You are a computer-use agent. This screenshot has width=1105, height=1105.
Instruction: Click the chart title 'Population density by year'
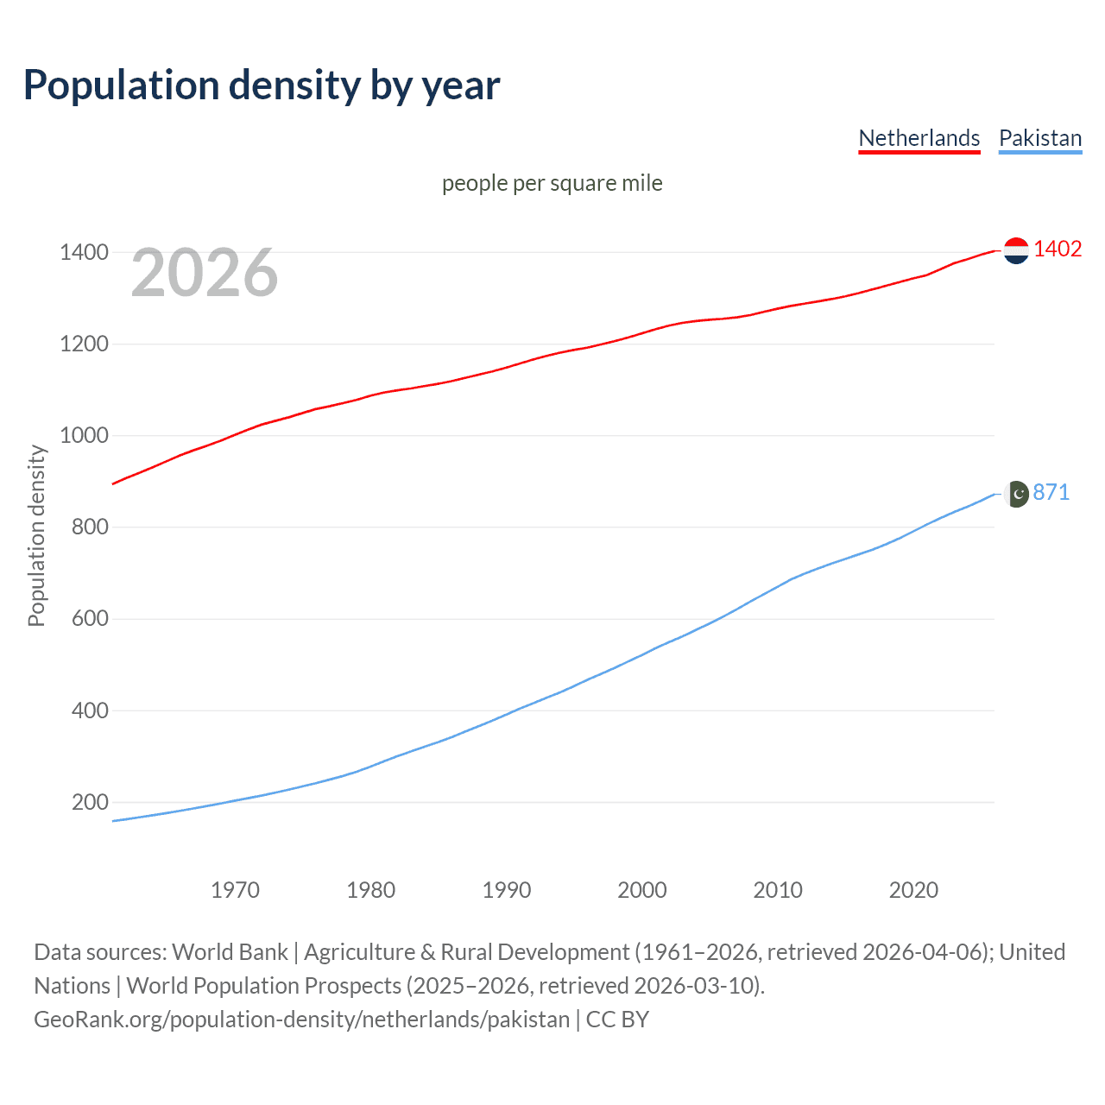(x=262, y=85)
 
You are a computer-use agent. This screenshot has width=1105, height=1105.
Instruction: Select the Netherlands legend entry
(x=919, y=138)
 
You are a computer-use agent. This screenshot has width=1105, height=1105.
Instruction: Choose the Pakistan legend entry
(x=1039, y=138)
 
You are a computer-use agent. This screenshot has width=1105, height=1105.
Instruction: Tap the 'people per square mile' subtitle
(x=552, y=183)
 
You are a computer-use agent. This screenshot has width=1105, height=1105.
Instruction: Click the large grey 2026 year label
(x=205, y=273)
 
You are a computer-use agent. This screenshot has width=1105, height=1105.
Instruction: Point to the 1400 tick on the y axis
(x=84, y=253)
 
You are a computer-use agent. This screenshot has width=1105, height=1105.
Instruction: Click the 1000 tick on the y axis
(x=84, y=436)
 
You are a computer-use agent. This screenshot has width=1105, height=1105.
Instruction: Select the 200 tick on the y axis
(x=90, y=803)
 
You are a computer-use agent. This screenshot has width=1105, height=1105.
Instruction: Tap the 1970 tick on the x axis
(x=235, y=890)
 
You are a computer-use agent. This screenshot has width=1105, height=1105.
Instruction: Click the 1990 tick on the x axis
(x=507, y=890)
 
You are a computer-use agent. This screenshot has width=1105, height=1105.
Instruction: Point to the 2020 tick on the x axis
(x=913, y=890)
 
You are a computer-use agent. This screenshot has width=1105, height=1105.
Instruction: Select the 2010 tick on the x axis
(x=778, y=890)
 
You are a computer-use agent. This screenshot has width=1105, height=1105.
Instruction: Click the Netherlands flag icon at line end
(x=1016, y=250)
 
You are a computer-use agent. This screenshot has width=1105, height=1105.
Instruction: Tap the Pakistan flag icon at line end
(x=1017, y=494)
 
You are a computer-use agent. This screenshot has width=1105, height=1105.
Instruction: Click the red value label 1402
(x=1058, y=249)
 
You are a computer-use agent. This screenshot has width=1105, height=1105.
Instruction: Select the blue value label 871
(x=1051, y=492)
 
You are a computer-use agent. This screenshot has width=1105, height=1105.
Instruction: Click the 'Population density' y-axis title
(x=36, y=535)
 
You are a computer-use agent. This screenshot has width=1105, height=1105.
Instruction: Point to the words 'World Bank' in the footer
(x=230, y=952)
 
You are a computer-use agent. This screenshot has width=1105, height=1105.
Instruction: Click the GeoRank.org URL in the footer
(x=301, y=1020)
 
